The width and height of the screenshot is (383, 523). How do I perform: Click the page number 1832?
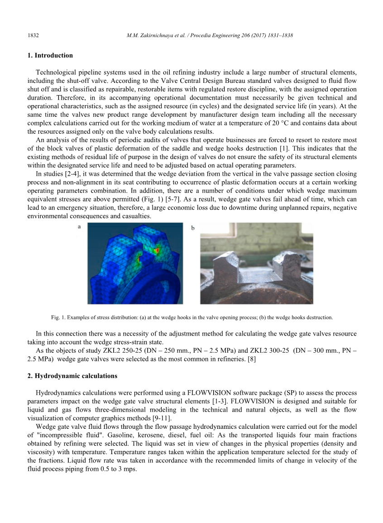(x=33, y=35)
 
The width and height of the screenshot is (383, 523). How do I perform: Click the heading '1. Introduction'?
(x=50, y=55)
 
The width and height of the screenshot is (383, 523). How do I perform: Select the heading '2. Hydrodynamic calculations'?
(x=72, y=376)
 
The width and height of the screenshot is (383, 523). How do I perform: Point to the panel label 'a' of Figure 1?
(x=79, y=226)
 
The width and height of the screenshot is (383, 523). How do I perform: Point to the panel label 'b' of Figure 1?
(x=193, y=228)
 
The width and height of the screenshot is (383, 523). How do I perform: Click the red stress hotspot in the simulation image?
(x=157, y=250)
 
